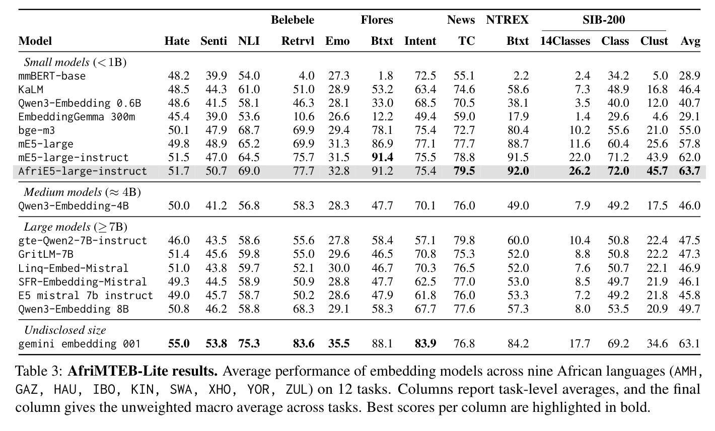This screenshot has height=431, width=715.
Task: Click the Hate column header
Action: click(177, 41)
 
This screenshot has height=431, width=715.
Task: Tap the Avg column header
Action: click(690, 41)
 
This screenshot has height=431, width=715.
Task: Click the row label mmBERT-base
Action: click(52, 76)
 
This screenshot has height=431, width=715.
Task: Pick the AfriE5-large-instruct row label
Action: click(83, 171)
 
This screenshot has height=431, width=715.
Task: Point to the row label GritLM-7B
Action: click(46, 254)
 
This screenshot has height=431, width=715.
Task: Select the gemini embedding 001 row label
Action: click(79, 344)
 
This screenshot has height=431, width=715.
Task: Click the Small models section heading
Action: click(75, 62)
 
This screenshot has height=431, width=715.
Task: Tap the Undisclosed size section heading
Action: click(65, 330)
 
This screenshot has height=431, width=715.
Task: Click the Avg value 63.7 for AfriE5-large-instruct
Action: click(689, 171)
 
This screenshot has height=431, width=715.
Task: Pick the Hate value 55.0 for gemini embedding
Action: click(178, 344)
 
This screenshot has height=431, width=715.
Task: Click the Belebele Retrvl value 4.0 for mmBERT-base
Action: click(307, 76)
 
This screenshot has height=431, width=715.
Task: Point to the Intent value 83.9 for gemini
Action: click(425, 344)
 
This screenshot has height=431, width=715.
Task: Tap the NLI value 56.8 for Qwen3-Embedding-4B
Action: click(249, 206)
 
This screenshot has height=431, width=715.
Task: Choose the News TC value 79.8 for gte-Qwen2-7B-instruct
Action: click(464, 241)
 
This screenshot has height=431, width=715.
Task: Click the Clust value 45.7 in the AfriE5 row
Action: click(657, 171)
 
